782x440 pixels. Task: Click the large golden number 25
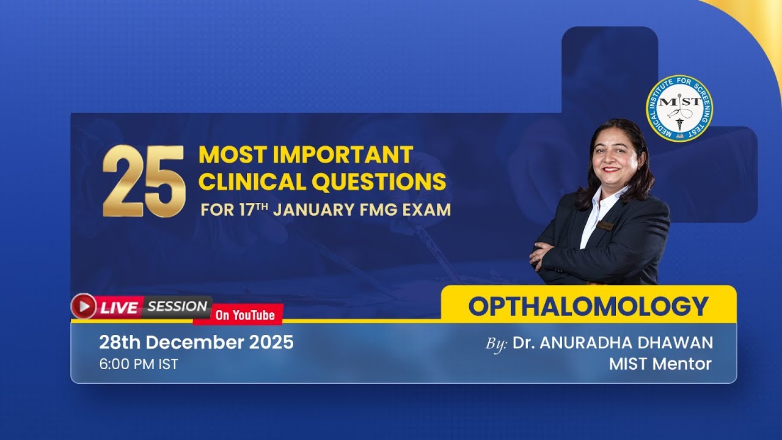click(144, 182)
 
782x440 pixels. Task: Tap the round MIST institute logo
click(679, 108)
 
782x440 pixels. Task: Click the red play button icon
click(84, 306)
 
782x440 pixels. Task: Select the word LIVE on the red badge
click(119, 307)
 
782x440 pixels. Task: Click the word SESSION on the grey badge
click(177, 306)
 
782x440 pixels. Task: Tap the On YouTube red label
click(245, 315)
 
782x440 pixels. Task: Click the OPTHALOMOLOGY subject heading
click(588, 306)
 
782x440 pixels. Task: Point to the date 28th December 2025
click(196, 342)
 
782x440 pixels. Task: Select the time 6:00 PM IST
click(139, 364)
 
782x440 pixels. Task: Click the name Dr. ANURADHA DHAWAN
click(613, 343)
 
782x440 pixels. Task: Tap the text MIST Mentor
click(660, 364)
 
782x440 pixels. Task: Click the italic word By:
click(496, 344)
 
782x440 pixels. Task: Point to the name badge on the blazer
click(605, 226)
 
